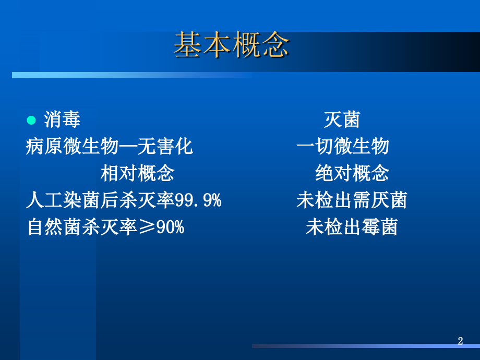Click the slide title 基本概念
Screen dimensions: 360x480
(231, 45)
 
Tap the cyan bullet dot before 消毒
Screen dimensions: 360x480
(31, 121)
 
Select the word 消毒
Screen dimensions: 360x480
(63, 121)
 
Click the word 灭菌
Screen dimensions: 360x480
(342, 121)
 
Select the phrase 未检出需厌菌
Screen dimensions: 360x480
(352, 200)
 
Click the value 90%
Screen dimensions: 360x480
(170, 227)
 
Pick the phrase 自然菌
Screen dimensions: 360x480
(54, 227)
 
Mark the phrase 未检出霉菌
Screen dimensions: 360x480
(352, 227)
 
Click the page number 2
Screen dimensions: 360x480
(460, 341)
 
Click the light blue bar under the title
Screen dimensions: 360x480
(130, 75)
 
